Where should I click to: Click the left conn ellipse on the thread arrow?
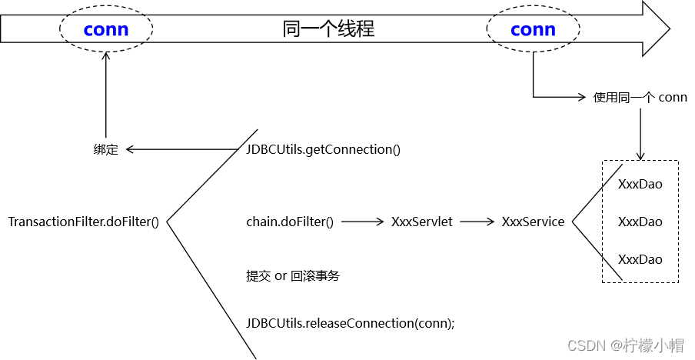tap(106, 30)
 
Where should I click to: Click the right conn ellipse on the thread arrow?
tap(533, 30)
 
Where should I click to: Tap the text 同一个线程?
tap(328, 30)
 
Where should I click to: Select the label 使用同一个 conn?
tap(640, 98)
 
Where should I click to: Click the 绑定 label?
tap(106, 150)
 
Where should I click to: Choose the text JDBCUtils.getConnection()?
tap(323, 149)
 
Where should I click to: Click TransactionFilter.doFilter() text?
tap(83, 222)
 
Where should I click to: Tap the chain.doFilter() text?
tap(290, 222)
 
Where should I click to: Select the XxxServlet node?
tap(422, 222)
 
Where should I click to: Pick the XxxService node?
tap(533, 222)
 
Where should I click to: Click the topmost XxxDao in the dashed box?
tap(640, 185)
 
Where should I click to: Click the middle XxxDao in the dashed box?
tap(640, 222)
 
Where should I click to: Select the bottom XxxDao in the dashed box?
tap(640, 259)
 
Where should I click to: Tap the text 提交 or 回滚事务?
tap(293, 275)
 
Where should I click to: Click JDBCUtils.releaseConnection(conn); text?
tap(351, 323)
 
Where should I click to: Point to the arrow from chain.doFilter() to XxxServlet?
tap(362, 222)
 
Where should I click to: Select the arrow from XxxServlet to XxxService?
tap(477, 222)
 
